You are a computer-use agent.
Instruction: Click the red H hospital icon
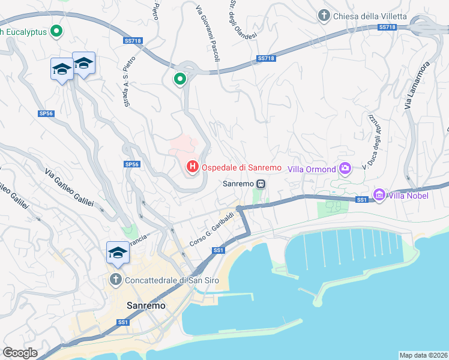click(193, 167)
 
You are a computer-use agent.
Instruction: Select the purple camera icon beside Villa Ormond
click(345, 169)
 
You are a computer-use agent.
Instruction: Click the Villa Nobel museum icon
click(379, 195)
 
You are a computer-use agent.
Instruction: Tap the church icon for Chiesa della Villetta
click(324, 16)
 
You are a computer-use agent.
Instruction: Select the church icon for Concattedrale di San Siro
click(116, 280)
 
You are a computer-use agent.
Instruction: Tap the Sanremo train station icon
click(261, 184)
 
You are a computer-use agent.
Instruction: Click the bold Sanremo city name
click(146, 305)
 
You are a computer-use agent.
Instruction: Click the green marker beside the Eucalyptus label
click(56, 31)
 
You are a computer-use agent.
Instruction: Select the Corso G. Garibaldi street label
click(211, 229)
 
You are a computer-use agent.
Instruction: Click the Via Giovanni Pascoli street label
click(207, 33)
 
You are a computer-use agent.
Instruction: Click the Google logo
click(20, 353)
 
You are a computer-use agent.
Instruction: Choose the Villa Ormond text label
click(312, 169)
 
